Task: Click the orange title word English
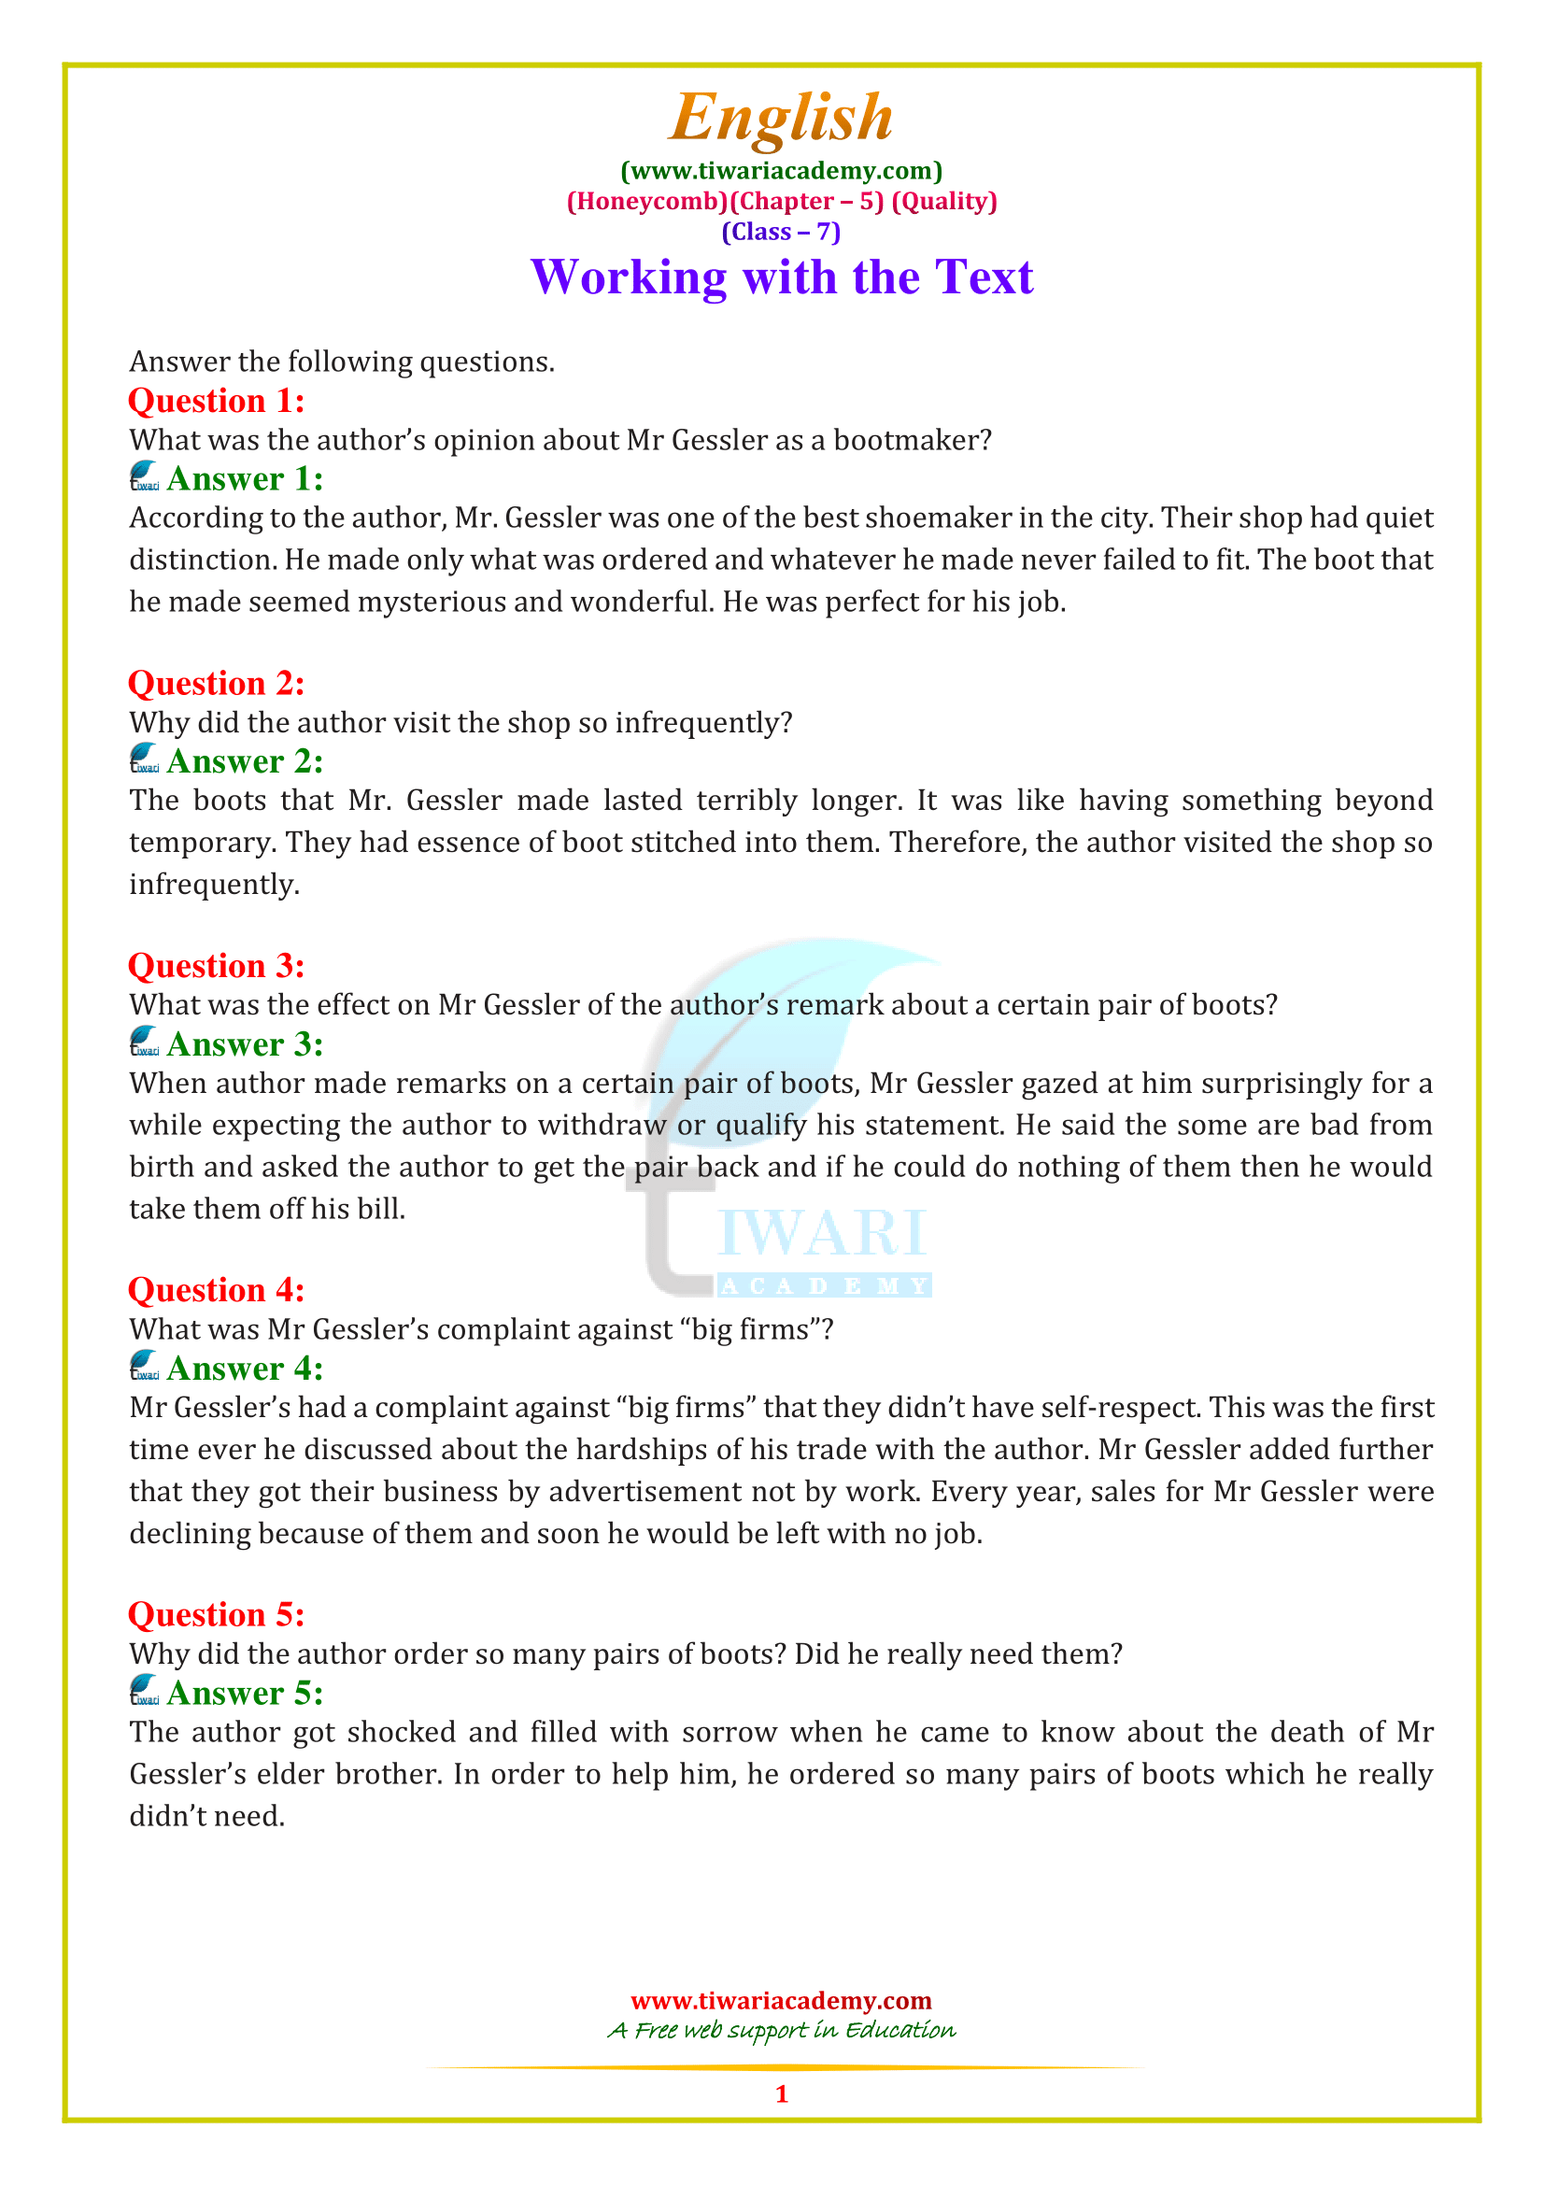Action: pos(780,118)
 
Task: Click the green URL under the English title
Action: pos(781,171)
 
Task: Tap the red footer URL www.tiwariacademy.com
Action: pos(781,2000)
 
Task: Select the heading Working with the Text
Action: pos(781,277)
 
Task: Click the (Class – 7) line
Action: pos(781,233)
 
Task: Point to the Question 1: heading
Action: pos(216,401)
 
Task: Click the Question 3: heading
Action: pos(216,966)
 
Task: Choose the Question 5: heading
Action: pos(216,1615)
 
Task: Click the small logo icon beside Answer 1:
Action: pos(145,476)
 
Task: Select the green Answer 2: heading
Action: pos(245,761)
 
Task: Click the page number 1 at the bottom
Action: pos(781,2093)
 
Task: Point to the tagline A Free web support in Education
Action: pos(781,2031)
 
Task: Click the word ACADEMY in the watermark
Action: pos(824,1286)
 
